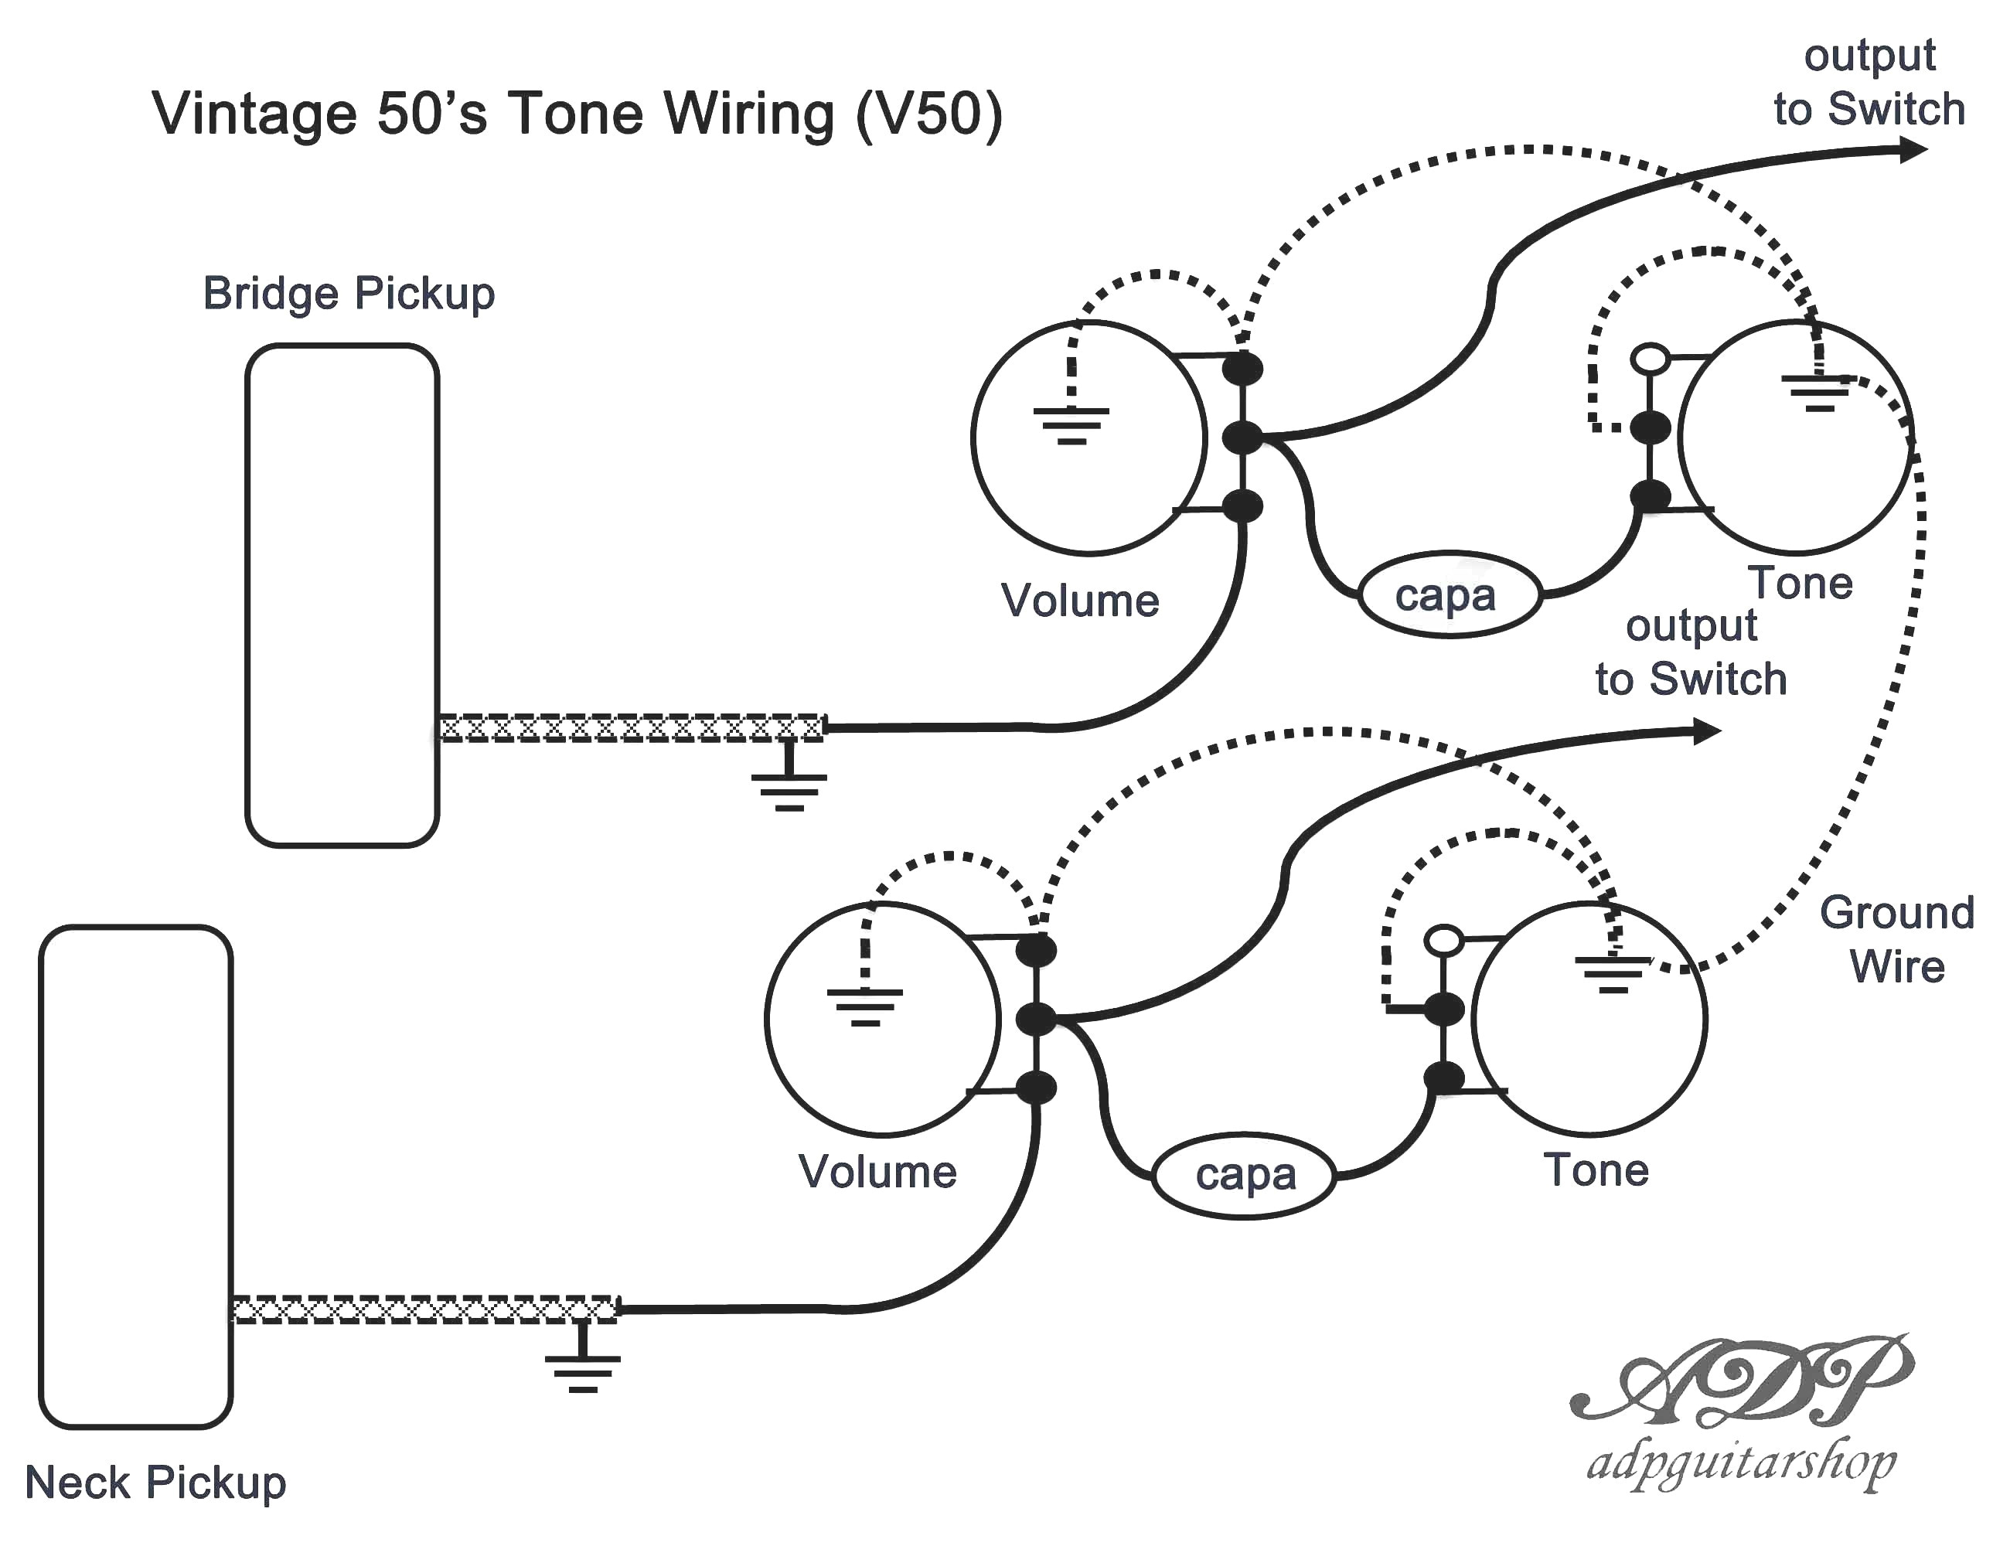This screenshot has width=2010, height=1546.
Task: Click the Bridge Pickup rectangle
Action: pos(342,595)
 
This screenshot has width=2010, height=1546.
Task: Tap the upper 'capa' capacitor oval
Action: pos(1449,595)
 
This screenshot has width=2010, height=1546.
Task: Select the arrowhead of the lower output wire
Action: pos(1707,731)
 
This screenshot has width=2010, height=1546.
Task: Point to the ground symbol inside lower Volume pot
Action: pos(864,1006)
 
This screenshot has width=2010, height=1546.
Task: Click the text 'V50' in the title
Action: pos(928,114)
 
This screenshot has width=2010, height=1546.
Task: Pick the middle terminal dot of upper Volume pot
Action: pos(1242,437)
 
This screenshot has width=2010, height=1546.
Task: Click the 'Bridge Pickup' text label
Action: pos(349,295)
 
